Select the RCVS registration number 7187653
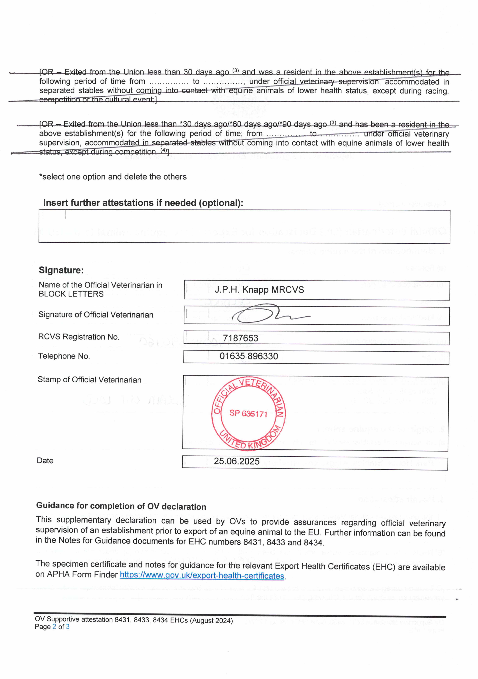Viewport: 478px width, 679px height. (x=240, y=338)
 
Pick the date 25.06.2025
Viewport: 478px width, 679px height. (x=236, y=461)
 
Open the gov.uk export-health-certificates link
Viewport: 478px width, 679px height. (x=202, y=576)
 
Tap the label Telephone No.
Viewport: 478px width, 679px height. (x=64, y=356)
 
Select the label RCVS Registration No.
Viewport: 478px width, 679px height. (x=79, y=337)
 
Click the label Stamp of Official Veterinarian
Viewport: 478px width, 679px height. (x=89, y=380)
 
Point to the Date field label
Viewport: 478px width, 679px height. (x=45, y=460)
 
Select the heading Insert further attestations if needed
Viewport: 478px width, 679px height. (x=143, y=203)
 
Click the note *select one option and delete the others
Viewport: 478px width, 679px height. (x=113, y=177)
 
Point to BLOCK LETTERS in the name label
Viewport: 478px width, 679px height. (x=71, y=294)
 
